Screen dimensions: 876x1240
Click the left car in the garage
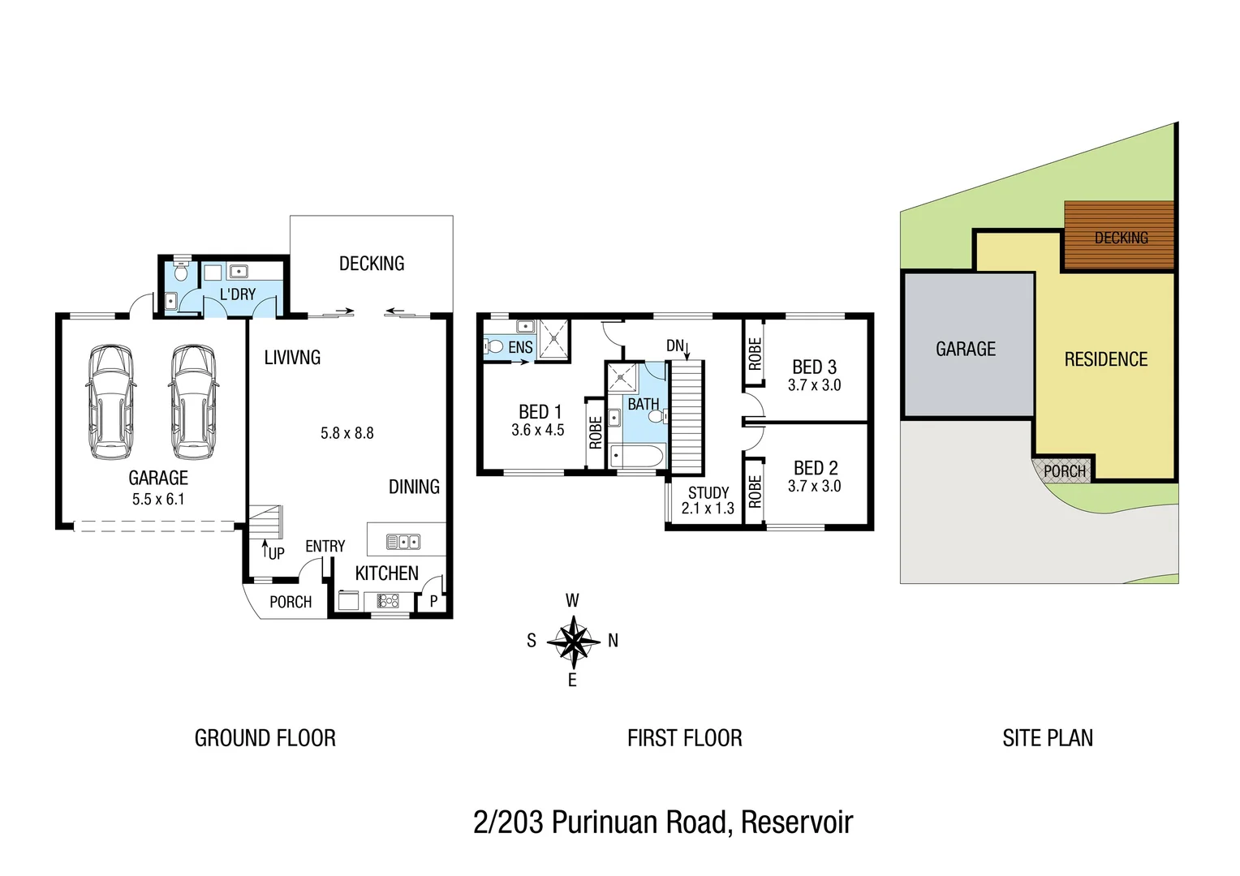(x=110, y=402)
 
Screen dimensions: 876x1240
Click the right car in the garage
(x=192, y=402)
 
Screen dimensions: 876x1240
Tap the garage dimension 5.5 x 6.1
(x=158, y=500)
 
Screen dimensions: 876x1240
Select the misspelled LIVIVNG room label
(x=292, y=358)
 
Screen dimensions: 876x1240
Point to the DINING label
(x=414, y=487)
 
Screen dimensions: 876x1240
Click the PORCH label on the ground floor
(x=291, y=602)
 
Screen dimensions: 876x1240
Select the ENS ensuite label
(x=520, y=347)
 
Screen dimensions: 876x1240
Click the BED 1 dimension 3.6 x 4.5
(x=537, y=430)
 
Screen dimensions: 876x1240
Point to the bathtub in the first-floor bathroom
(x=638, y=456)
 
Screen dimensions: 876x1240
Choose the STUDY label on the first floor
(x=708, y=492)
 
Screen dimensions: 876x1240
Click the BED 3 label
(x=814, y=367)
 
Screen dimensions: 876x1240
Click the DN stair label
(x=674, y=346)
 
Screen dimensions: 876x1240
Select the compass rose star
(x=573, y=641)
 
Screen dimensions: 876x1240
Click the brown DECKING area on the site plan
(x=1120, y=235)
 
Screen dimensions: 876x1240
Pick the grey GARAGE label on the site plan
(x=965, y=349)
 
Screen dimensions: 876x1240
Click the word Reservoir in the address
(x=796, y=822)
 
